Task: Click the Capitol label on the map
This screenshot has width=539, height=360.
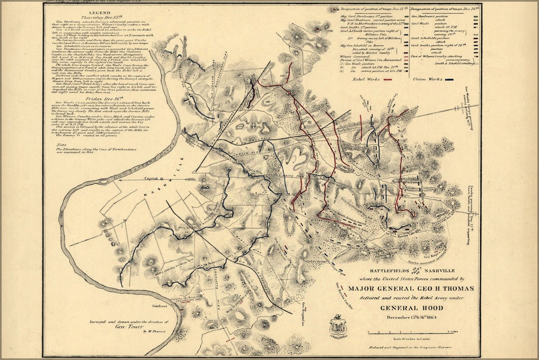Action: (151, 178)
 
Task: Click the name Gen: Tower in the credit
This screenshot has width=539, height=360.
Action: (126, 327)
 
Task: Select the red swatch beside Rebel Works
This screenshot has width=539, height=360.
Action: (394, 80)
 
